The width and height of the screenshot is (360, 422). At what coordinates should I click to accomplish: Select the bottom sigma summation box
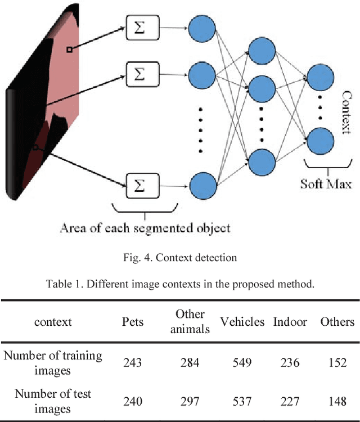[x=143, y=184]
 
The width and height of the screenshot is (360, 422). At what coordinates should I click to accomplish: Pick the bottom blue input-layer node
[x=202, y=184]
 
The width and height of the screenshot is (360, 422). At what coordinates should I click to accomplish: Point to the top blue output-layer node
[x=318, y=77]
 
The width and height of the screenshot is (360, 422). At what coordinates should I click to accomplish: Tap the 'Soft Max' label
[x=326, y=183]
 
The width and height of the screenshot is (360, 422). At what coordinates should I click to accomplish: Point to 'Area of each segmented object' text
[x=146, y=228]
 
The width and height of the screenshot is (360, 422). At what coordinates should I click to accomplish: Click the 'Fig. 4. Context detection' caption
[x=179, y=258]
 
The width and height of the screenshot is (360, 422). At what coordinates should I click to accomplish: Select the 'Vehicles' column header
[x=242, y=322]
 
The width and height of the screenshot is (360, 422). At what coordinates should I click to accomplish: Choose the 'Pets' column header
[x=133, y=322]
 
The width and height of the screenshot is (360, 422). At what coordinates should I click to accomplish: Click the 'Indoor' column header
[x=290, y=322]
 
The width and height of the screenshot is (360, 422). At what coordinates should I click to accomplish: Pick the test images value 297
[x=190, y=401]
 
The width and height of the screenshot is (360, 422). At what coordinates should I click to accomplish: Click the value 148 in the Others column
[x=337, y=401]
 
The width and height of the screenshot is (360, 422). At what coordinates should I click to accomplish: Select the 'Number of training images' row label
[x=53, y=363]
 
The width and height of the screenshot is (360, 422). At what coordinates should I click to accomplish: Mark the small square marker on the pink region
[x=69, y=50]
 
